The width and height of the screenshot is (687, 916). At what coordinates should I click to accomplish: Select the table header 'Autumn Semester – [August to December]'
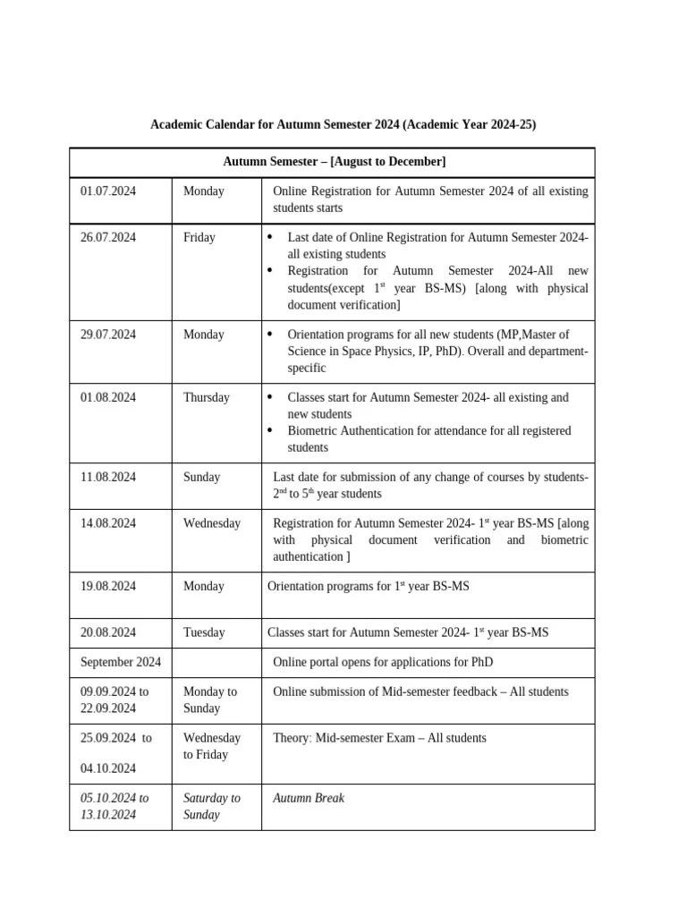click(x=334, y=162)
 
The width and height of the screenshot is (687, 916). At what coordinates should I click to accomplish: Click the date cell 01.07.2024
click(x=108, y=191)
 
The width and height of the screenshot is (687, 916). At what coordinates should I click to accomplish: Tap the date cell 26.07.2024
click(x=108, y=237)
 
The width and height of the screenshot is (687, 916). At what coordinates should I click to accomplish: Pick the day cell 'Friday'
click(x=199, y=237)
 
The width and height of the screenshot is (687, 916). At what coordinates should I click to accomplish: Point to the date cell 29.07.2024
click(x=108, y=334)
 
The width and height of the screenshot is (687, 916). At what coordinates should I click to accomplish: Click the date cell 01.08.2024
click(x=108, y=397)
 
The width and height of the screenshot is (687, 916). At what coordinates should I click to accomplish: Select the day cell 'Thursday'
click(x=207, y=397)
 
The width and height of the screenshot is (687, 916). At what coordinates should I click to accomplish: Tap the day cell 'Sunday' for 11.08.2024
click(x=202, y=477)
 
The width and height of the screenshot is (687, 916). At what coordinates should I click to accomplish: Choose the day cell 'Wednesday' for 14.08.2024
click(x=212, y=522)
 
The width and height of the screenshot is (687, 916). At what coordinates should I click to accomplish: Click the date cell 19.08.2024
click(x=108, y=586)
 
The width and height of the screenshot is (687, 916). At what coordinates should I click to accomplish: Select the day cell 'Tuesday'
click(x=204, y=632)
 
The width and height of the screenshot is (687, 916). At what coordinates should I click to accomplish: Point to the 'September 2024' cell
click(x=121, y=662)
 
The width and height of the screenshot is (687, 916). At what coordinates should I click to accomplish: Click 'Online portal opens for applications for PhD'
click(x=383, y=662)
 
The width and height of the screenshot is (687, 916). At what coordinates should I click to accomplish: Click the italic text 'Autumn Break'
click(x=309, y=798)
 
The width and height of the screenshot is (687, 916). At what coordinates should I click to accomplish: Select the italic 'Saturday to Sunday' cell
click(x=212, y=806)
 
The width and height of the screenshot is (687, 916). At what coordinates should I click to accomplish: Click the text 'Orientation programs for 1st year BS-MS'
click(x=369, y=586)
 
